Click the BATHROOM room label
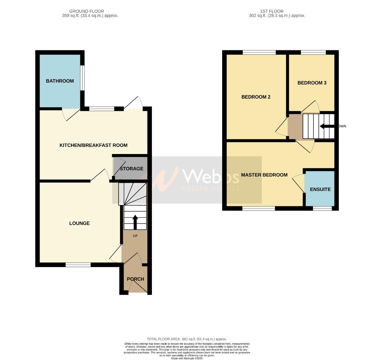click(x=60, y=81)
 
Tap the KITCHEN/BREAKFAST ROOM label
click(x=93, y=145)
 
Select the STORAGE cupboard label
click(x=131, y=169)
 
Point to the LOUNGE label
click(x=79, y=223)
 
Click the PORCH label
click(x=136, y=279)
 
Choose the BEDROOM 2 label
click(x=256, y=97)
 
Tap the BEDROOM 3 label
click(x=312, y=83)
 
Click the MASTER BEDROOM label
click(x=264, y=175)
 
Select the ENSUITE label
click(x=320, y=189)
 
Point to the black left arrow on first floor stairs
click(x=327, y=126)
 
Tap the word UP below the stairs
click(x=135, y=236)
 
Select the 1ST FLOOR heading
click(x=277, y=11)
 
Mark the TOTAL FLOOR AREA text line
click(x=187, y=339)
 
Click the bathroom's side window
click(x=83, y=78)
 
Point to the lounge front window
click(x=78, y=265)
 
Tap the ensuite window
click(x=322, y=209)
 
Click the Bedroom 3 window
click(x=313, y=52)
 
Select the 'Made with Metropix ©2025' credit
click(x=187, y=358)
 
